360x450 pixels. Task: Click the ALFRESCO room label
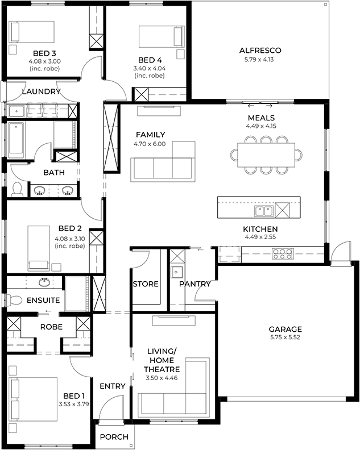point(260,51)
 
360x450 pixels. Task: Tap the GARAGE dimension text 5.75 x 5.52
point(285,338)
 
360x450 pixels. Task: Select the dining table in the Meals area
point(266,155)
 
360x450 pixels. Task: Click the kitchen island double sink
point(264,211)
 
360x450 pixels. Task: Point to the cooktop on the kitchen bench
point(283,254)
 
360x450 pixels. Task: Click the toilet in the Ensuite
point(14,301)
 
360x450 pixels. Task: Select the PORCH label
point(114,437)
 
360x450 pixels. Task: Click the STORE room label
point(146,284)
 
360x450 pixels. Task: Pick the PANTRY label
point(195,284)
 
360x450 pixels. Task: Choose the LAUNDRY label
point(42,91)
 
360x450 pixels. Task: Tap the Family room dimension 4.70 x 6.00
point(150,144)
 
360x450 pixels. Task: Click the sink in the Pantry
point(176,272)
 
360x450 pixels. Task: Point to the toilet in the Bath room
point(17,189)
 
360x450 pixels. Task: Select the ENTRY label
point(113,386)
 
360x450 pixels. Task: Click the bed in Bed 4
point(161,36)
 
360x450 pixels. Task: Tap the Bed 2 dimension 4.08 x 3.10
point(69,239)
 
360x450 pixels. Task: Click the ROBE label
point(51,327)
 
